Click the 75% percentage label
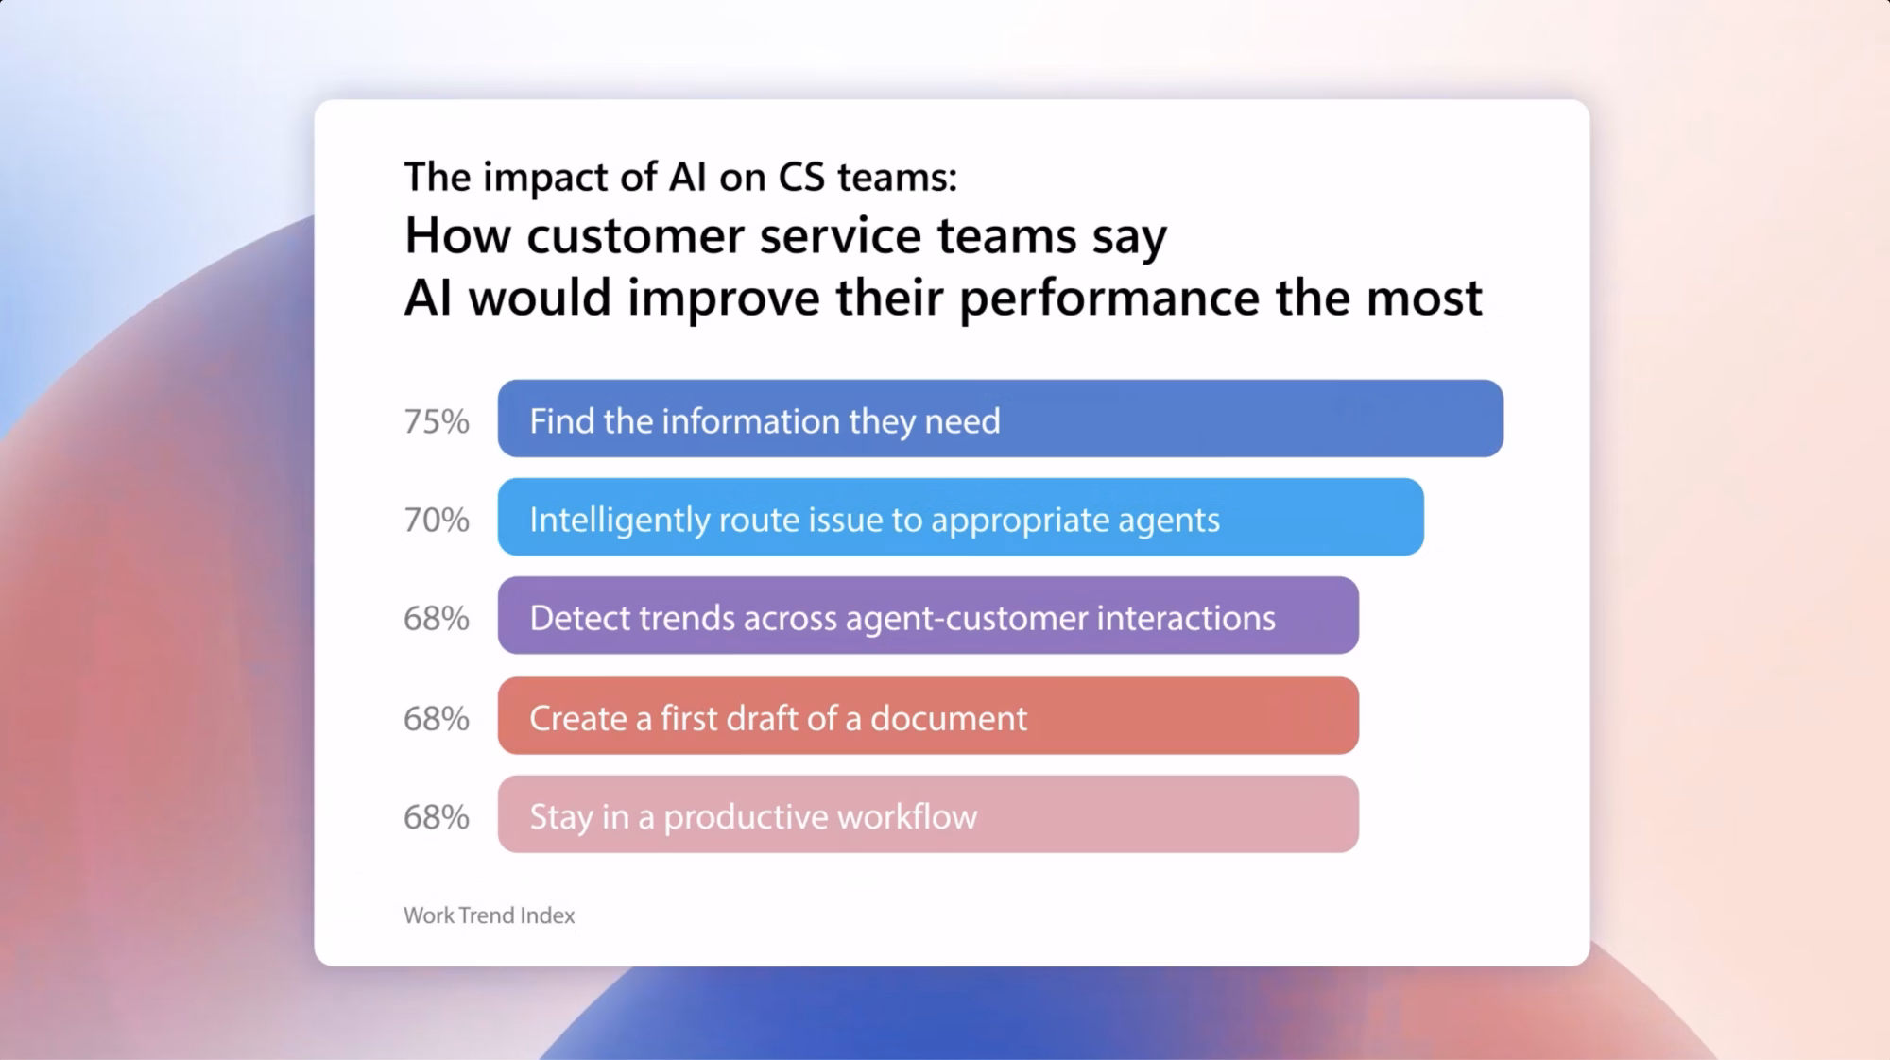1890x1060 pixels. [437, 421]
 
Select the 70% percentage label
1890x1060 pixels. [437, 520]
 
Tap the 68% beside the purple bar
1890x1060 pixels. [437, 619]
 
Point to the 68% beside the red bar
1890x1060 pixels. [437, 719]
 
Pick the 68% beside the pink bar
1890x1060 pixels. [437, 817]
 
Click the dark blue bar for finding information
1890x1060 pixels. [1001, 419]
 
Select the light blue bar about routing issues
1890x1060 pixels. [961, 517]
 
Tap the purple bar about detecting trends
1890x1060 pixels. [928, 615]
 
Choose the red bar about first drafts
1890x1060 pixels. [928, 715]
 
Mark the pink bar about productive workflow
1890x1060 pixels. [928, 814]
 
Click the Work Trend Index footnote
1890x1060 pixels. [490, 915]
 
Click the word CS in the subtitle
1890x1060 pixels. [801, 177]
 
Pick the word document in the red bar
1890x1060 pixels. [949, 718]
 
